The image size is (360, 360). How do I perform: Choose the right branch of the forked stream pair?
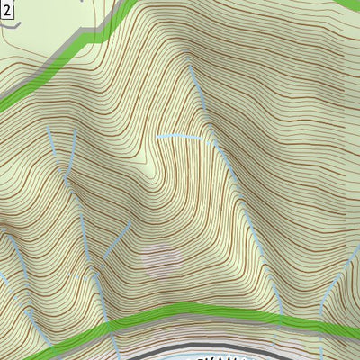pyautogui.click(x=73, y=144)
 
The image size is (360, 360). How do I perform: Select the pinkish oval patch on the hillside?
pyautogui.click(x=162, y=257)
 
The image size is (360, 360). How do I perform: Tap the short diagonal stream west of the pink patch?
pyautogui.click(x=117, y=238)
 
